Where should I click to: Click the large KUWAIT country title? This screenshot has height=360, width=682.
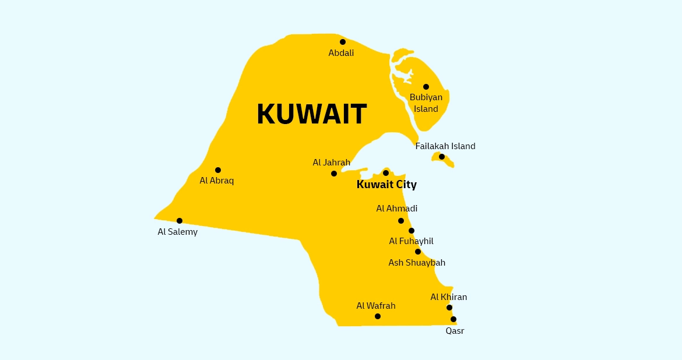tap(311, 114)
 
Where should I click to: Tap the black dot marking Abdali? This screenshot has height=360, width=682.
tap(343, 42)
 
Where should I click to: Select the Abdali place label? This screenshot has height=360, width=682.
tap(341, 53)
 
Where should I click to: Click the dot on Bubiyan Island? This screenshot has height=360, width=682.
tap(426, 87)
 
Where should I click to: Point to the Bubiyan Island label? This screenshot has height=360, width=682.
tap(426, 103)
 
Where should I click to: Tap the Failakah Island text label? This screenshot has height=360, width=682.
tap(445, 146)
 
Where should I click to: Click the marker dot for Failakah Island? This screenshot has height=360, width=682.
tap(442, 157)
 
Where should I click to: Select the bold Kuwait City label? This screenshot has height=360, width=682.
tap(386, 185)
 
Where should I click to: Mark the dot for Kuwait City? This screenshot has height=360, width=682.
tap(386, 173)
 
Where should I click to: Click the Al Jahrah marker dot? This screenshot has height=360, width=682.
tap(334, 174)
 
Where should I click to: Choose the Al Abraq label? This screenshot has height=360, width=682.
tap(217, 181)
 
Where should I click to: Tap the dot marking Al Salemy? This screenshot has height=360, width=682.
tap(180, 221)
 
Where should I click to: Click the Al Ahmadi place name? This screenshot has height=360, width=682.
tap(397, 209)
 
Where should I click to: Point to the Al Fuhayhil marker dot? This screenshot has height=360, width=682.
tap(412, 231)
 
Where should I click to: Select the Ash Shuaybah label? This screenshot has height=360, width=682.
tap(417, 263)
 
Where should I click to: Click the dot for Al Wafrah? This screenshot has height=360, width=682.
tap(378, 316)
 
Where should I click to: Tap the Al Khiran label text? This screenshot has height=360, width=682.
tap(449, 297)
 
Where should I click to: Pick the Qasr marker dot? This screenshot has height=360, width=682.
tap(454, 319)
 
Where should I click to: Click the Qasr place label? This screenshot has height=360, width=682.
tap(455, 331)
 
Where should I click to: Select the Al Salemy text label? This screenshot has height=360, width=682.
tap(178, 232)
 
